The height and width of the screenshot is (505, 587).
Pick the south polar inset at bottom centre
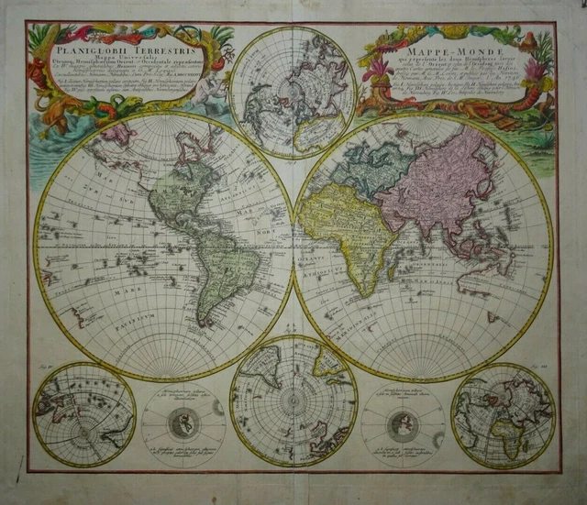coord(293,400)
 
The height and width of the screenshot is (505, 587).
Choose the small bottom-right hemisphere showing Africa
coord(504,415)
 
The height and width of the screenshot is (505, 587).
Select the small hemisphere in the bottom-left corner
coord(83,415)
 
